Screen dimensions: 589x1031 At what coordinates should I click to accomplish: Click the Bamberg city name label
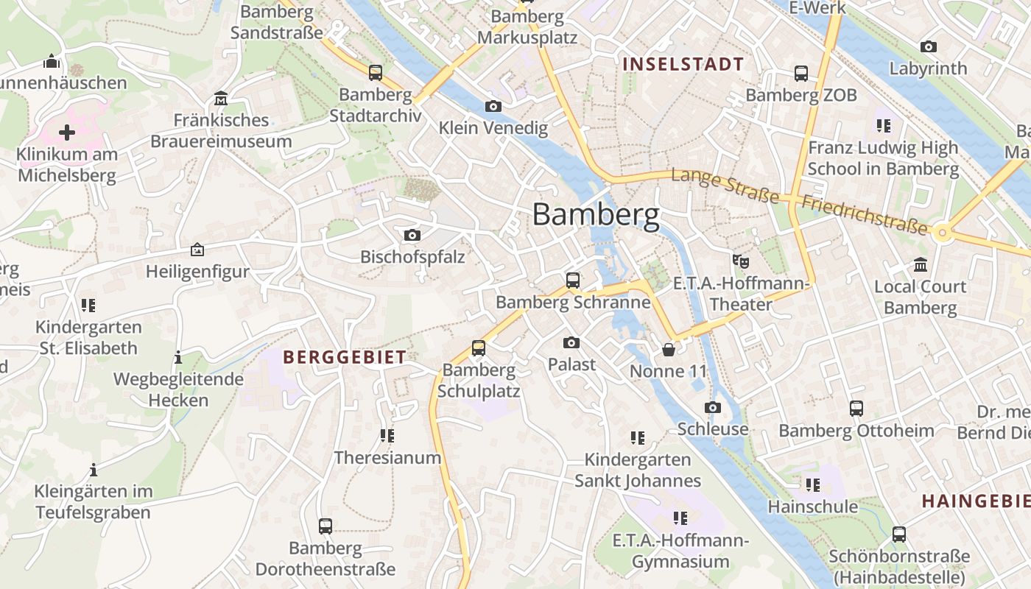point(595,215)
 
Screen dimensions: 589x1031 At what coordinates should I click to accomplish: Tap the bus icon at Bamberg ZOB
point(801,74)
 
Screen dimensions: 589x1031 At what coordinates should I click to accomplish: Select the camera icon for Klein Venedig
point(493,107)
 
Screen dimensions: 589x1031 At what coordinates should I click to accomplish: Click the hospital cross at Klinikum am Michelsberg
point(67,133)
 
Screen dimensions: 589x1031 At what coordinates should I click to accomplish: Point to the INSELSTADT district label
point(683,64)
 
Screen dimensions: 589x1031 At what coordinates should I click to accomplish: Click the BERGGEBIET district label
point(345,358)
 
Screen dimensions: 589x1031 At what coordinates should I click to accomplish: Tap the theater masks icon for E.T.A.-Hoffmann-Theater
point(740,261)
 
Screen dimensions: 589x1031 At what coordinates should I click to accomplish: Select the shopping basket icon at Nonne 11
point(668,349)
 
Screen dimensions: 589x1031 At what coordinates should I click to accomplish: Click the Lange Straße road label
point(725,186)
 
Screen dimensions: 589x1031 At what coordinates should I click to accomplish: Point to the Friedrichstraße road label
point(864,215)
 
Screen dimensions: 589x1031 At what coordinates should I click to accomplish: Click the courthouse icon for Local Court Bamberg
point(920,264)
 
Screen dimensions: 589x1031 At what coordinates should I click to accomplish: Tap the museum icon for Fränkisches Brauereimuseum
point(220,98)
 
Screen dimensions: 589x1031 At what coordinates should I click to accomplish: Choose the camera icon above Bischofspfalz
point(412,236)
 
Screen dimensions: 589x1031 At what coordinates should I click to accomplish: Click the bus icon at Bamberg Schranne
point(572,281)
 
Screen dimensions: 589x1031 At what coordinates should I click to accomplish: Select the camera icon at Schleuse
point(712,408)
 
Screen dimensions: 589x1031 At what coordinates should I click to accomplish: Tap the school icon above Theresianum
point(387,436)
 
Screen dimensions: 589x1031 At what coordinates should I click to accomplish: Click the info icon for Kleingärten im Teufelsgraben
point(94,470)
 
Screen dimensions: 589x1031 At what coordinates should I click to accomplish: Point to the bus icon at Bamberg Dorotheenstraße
point(325,526)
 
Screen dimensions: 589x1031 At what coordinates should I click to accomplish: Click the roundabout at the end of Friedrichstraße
point(942,233)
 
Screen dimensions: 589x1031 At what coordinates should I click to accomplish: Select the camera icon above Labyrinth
point(929,47)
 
